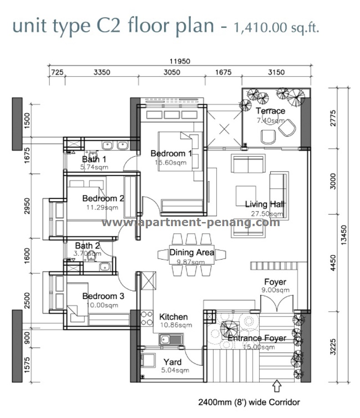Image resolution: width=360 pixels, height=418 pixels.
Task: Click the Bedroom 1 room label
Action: pyautogui.click(x=171, y=153)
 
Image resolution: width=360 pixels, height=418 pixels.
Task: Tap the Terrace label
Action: pyautogui.click(x=270, y=111)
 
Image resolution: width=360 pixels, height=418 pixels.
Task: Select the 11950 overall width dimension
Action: pyautogui.click(x=180, y=61)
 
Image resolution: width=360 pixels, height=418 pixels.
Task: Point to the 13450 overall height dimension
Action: pyautogui.click(x=344, y=235)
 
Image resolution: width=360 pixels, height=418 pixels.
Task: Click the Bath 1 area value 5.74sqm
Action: pyautogui.click(x=94, y=167)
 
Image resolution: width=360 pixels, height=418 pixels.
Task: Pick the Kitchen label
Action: pyautogui.click(x=173, y=317)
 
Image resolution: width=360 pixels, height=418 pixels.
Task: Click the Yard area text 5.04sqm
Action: pyautogui.click(x=175, y=370)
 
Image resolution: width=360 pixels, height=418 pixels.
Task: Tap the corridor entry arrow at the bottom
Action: pyautogui.click(x=277, y=386)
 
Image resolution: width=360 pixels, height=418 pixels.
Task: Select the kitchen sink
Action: pyautogui.click(x=171, y=340)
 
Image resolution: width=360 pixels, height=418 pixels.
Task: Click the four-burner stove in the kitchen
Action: pyautogui.click(x=147, y=318)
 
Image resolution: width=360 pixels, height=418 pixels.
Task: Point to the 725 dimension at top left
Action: pyautogui.click(x=57, y=72)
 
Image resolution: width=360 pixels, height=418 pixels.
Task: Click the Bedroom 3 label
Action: pyautogui.click(x=103, y=296)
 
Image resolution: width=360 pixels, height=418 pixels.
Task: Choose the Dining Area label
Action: pyautogui.click(x=192, y=252)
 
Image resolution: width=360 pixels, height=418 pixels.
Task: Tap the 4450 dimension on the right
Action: pyautogui.click(x=333, y=263)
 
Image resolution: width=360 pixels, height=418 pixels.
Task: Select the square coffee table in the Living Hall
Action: pyautogui.click(x=246, y=196)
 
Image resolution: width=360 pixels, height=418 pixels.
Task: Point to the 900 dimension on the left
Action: pyautogui.click(x=27, y=338)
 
